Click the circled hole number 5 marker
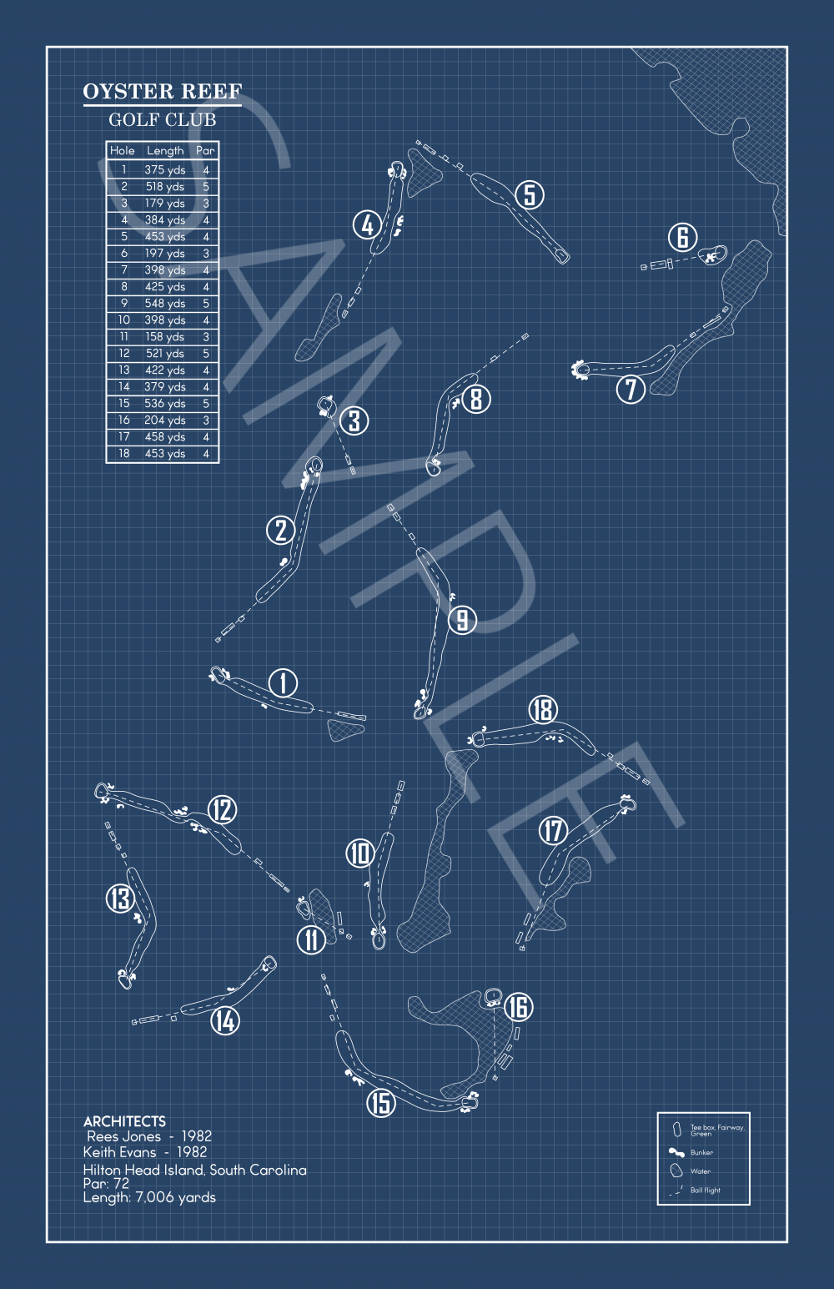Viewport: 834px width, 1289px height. coord(530,194)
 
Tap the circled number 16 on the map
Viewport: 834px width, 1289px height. coord(519,1007)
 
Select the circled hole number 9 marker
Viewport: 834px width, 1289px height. coord(462,620)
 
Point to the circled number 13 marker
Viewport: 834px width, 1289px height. coord(120,899)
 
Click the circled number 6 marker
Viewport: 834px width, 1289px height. coord(682,238)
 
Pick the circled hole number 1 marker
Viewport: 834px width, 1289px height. coord(283,683)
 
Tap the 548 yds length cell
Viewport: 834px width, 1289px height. coord(165,304)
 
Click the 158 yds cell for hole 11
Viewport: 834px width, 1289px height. coord(165,337)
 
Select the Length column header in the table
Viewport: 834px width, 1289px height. coord(165,151)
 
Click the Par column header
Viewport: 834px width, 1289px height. coord(205,151)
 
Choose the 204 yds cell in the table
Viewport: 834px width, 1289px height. coord(165,420)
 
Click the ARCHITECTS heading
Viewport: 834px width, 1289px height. coord(124,1121)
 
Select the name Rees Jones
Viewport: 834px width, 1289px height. coord(123,1136)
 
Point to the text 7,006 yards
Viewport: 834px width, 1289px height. coord(175,1197)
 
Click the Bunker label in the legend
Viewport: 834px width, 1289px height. coord(701,1152)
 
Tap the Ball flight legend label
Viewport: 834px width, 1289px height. coord(706,1191)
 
